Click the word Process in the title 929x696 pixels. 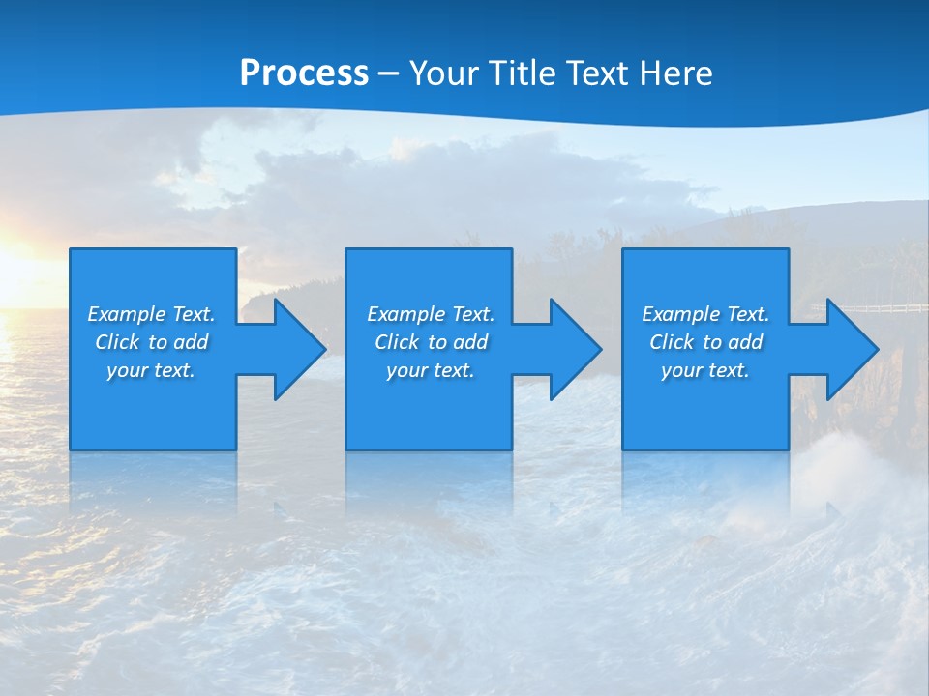304,73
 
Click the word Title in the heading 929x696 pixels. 522,73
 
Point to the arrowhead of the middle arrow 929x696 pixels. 574,349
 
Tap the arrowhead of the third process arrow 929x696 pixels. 851,349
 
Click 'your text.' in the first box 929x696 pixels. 151,370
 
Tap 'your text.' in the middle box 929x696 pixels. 430,370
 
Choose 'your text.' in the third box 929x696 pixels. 705,370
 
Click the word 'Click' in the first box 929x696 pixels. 117,342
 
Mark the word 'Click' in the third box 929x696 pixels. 672,342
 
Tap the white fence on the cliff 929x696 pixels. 871,309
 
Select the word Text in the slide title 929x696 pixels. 596,73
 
